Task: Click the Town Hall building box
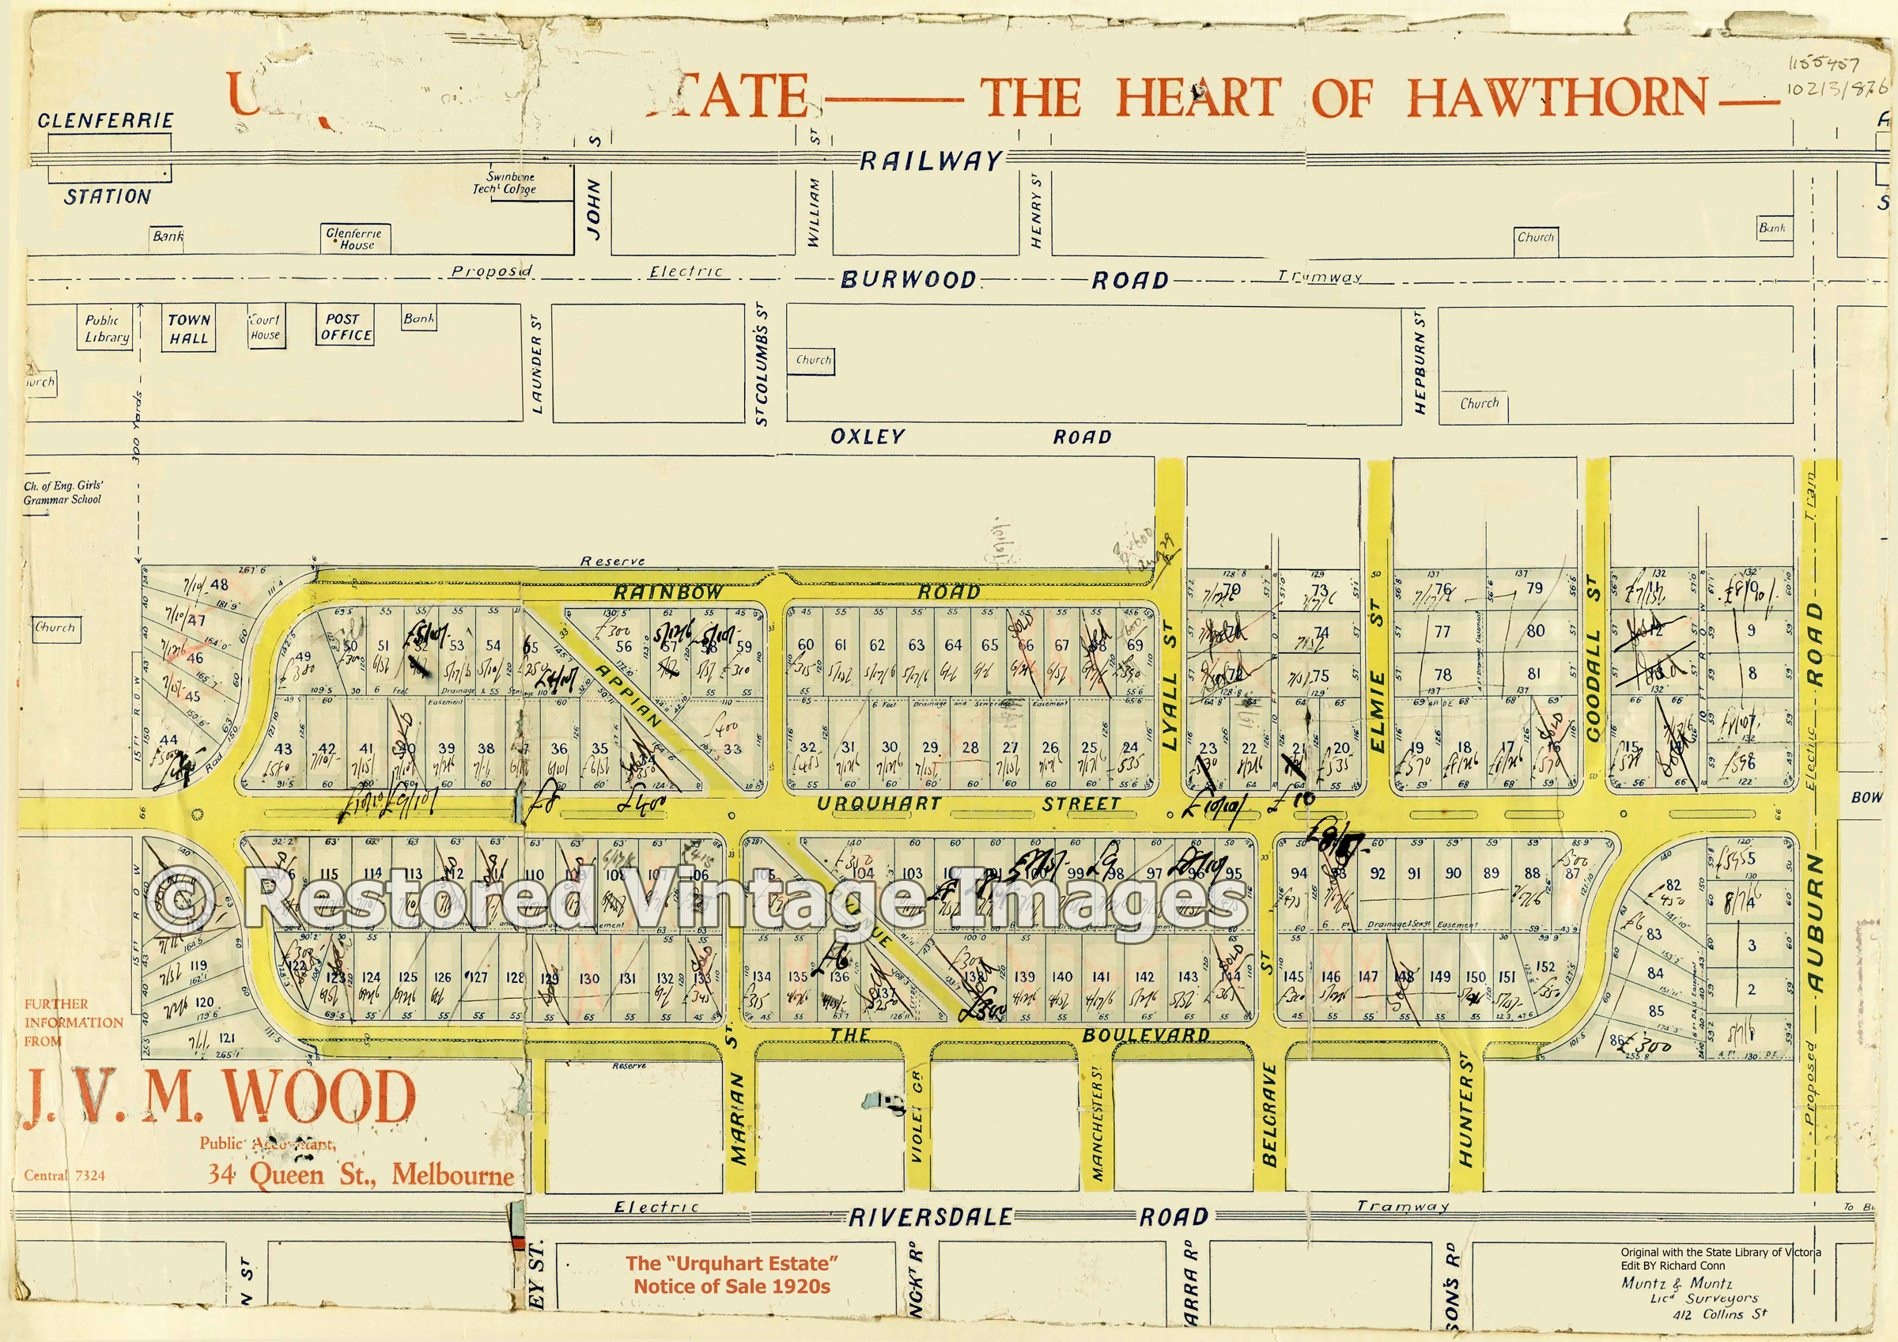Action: point(188,328)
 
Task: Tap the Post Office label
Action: point(345,326)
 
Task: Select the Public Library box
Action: point(108,328)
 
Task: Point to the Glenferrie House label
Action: point(354,239)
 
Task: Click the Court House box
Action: point(266,327)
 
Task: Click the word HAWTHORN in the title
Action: point(1557,97)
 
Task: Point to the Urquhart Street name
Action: point(968,803)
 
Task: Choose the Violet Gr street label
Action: point(916,1117)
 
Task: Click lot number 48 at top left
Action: point(219,584)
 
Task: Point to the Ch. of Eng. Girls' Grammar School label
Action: point(62,493)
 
